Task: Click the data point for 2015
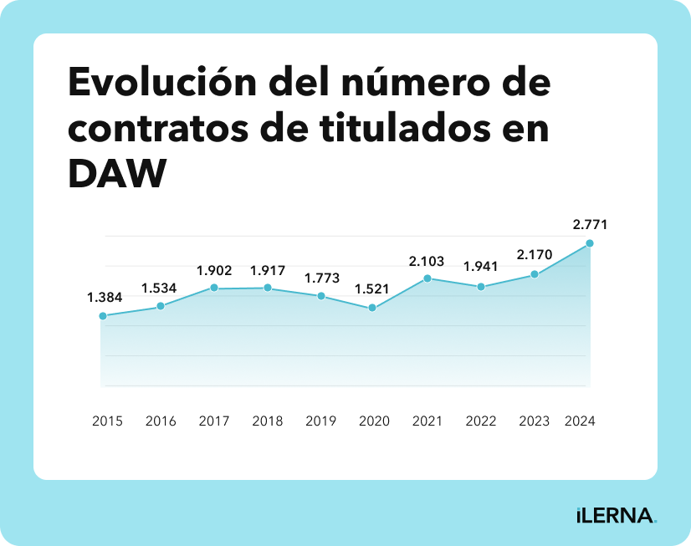tap(103, 316)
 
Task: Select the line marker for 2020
tap(373, 309)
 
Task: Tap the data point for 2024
tap(590, 243)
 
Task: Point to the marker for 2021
tap(427, 278)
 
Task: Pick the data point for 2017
tap(214, 288)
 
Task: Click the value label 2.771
tap(590, 224)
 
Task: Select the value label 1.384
tap(104, 297)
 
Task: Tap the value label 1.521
tap(373, 289)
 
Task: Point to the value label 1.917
tap(268, 270)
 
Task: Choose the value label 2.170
tap(535, 254)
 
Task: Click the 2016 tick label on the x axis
tap(161, 421)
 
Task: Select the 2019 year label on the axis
tap(320, 421)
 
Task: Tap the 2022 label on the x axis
tap(481, 421)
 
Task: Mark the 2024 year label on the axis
tap(580, 421)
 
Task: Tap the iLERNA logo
tap(616, 515)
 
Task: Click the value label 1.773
tap(321, 278)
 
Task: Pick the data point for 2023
tap(535, 274)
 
